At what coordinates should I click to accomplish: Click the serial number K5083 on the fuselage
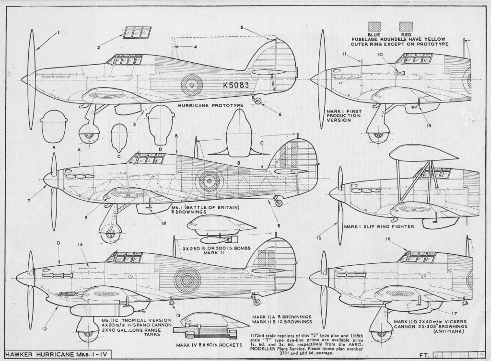(235, 85)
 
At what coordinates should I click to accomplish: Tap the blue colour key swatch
(374, 25)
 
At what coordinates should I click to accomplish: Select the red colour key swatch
(406, 25)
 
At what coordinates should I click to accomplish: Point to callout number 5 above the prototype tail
(243, 28)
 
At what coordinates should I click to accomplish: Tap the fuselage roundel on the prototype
(192, 85)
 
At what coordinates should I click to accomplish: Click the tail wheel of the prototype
(258, 101)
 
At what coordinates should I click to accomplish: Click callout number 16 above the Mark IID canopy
(388, 238)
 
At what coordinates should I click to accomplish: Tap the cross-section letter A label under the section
(54, 148)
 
